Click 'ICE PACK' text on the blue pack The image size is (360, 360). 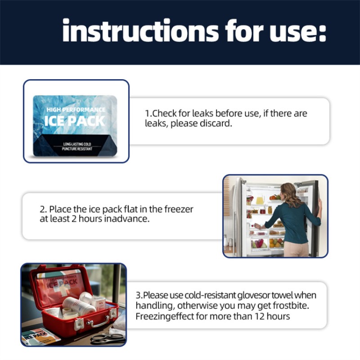point(75,121)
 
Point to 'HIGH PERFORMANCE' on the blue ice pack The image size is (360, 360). point(76,109)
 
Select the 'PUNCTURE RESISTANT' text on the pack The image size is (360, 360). point(77,149)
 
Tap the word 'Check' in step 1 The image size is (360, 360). point(164,113)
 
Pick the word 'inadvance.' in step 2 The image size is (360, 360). point(127,219)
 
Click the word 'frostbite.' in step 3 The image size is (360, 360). point(291,306)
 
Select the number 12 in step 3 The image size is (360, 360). point(260,316)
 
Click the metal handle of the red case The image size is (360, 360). point(98,322)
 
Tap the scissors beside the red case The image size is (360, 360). point(107,338)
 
